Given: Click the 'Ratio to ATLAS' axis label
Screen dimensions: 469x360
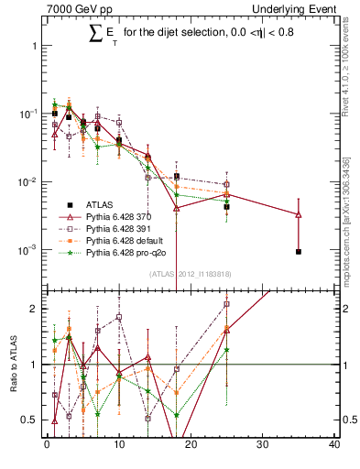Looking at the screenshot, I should (14, 365).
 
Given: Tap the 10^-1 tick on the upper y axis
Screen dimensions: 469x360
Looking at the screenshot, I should (27, 114).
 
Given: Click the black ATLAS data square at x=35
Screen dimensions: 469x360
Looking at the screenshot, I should (299, 251).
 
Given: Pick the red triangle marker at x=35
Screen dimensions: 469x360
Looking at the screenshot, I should (299, 214).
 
